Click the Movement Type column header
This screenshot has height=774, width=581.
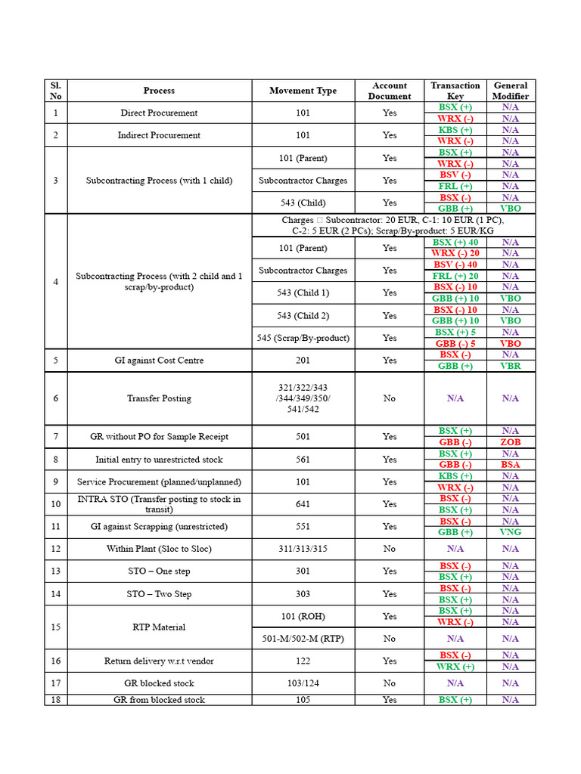click(x=303, y=91)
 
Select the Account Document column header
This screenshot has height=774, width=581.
click(x=390, y=91)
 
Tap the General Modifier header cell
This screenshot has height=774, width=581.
click(x=511, y=91)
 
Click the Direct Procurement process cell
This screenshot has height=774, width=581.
click(x=159, y=113)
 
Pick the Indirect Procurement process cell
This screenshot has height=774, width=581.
click(x=159, y=135)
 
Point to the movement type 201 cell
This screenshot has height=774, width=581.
click(x=303, y=361)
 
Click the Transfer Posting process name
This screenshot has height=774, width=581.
click(x=159, y=398)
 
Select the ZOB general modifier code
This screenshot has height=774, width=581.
click(x=511, y=442)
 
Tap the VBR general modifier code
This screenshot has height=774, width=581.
click(x=511, y=366)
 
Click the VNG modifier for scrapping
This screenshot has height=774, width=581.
click(x=511, y=532)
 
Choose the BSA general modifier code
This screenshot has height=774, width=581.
click(x=511, y=465)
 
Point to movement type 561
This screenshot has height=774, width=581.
click(x=303, y=460)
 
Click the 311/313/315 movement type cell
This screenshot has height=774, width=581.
click(x=303, y=549)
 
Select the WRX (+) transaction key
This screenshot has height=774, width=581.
click(x=455, y=667)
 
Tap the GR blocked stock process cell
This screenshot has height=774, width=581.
click(x=159, y=683)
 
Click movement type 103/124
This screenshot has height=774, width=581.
click(x=303, y=683)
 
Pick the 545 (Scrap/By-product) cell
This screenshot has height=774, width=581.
click(x=303, y=338)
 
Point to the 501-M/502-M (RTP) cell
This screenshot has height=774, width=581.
click(x=303, y=639)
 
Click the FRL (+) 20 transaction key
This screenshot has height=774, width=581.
click(x=455, y=276)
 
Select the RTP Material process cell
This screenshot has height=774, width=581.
click(x=159, y=627)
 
